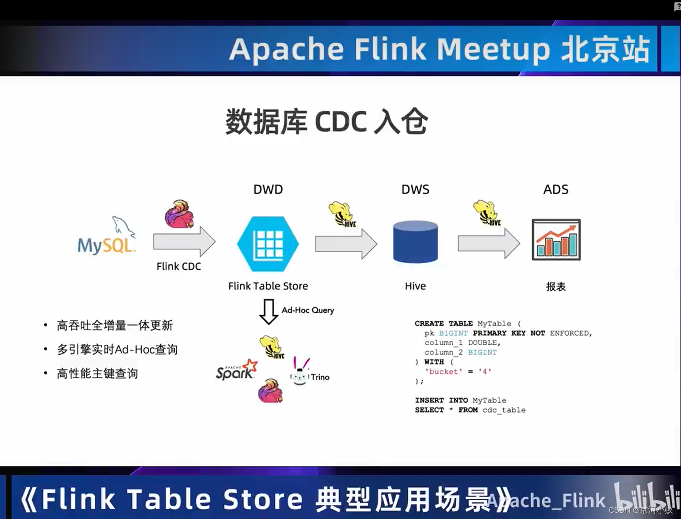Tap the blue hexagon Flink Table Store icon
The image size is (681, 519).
tap(268, 243)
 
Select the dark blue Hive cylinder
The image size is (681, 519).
tap(415, 242)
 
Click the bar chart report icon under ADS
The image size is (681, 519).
tap(556, 240)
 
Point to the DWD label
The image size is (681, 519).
tap(268, 189)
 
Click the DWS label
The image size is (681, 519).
tap(415, 189)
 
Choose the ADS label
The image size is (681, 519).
tap(556, 189)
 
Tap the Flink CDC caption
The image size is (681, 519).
tap(179, 267)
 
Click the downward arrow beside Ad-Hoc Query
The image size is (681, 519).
tap(269, 311)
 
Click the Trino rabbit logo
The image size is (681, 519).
tap(300, 372)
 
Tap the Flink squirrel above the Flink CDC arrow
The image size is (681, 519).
tap(179, 214)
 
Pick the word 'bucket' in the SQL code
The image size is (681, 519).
tap(443, 372)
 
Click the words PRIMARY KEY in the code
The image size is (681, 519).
tap(499, 333)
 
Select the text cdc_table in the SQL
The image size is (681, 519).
tap(504, 410)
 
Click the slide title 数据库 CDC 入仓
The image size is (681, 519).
tap(327, 122)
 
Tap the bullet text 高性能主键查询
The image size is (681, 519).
tap(97, 374)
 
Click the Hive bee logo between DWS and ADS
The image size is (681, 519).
tap(487, 213)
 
